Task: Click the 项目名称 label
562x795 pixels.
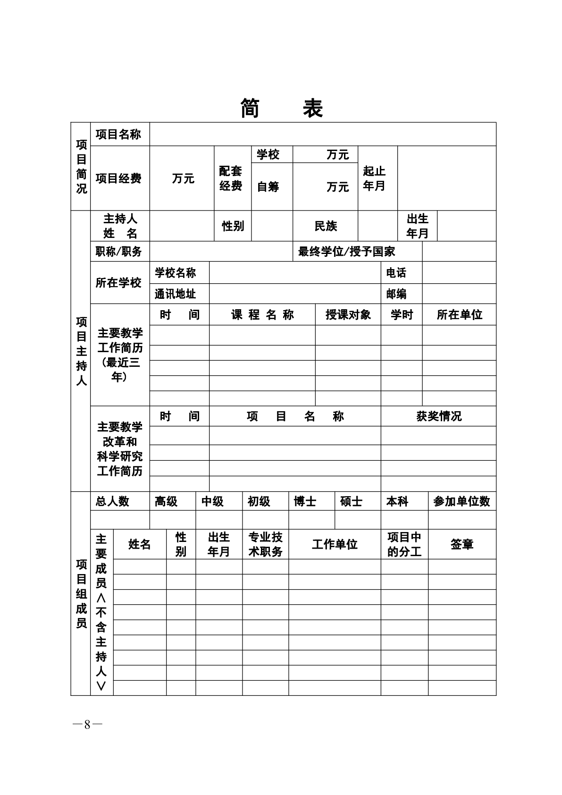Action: pyautogui.click(x=118, y=135)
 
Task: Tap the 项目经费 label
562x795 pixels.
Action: pyautogui.click(x=118, y=178)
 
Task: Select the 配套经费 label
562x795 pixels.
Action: pyautogui.click(x=231, y=178)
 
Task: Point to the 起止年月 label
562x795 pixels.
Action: pyautogui.click(x=374, y=178)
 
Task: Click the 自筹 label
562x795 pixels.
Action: pyautogui.click(x=268, y=187)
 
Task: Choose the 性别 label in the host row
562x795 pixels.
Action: pyautogui.click(x=233, y=226)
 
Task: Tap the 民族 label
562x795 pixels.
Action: pyautogui.click(x=326, y=226)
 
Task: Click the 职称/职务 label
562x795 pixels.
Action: pyautogui.click(x=118, y=252)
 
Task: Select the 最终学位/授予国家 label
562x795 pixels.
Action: pyautogui.click(x=346, y=252)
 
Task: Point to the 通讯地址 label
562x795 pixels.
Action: pyautogui.click(x=175, y=294)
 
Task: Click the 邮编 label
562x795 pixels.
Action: pyautogui.click(x=396, y=294)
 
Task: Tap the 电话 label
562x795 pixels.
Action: pyautogui.click(x=396, y=273)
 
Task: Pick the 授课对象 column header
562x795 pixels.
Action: pyautogui.click(x=348, y=315)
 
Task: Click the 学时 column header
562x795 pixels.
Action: pyautogui.click(x=402, y=315)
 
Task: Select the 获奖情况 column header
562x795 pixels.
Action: pyautogui.click(x=439, y=416)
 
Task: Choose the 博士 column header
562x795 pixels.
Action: pyautogui.click(x=305, y=501)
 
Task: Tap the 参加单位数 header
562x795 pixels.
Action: pyautogui.click(x=461, y=501)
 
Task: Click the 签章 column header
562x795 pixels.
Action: pyautogui.click(x=461, y=544)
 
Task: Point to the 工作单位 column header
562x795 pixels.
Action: pyautogui.click(x=335, y=544)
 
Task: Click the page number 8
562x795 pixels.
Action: pyautogui.click(x=87, y=725)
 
